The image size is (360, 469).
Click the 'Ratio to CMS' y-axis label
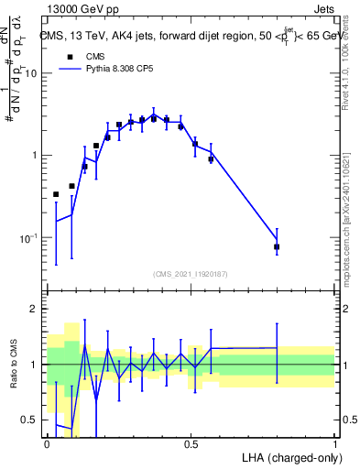click(x=12, y=376)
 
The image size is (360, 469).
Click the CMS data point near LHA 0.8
click(x=277, y=247)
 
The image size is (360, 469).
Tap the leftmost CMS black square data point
click(x=56, y=194)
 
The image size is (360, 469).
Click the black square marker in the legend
click(x=69, y=56)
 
